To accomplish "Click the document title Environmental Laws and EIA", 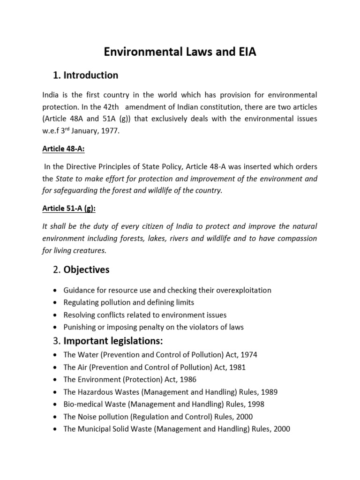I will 180,52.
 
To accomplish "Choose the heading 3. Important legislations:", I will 109,340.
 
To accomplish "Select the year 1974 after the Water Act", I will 249,355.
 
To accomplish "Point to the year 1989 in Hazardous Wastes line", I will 271,392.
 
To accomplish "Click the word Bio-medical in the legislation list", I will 81,404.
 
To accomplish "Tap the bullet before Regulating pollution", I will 56,303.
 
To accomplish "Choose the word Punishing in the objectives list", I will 80,327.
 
